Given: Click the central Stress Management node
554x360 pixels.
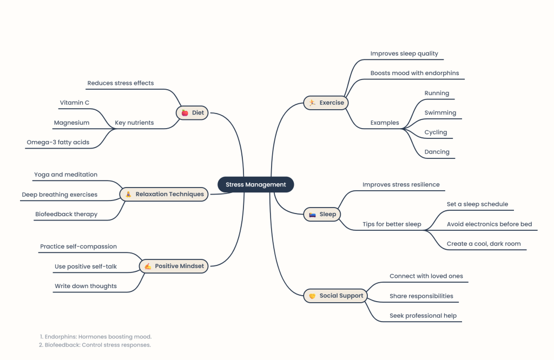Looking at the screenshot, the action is click(x=256, y=184).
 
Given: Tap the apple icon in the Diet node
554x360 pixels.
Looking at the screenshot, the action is click(x=185, y=113).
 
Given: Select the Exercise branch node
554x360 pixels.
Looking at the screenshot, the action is click(x=326, y=103).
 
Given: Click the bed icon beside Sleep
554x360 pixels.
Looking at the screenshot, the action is click(x=312, y=215).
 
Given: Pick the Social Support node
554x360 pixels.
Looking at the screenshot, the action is click(x=335, y=296).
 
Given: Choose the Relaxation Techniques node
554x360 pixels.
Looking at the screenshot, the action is click(x=164, y=194).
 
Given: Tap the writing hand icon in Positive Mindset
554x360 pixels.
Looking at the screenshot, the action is click(x=148, y=266).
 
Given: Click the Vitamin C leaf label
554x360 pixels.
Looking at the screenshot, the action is click(x=75, y=103).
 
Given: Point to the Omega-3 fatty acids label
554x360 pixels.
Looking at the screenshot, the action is click(x=58, y=142).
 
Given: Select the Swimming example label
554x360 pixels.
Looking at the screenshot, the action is click(x=440, y=112).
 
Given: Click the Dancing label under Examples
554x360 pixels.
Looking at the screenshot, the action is click(x=437, y=152).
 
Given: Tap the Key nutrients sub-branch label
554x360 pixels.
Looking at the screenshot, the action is click(x=134, y=123).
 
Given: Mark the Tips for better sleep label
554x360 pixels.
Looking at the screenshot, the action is click(x=392, y=224).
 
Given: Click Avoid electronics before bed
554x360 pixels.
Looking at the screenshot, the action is click(x=489, y=224).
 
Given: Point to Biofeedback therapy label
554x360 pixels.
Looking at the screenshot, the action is click(x=67, y=214).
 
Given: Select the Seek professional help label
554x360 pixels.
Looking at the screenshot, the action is click(x=423, y=316).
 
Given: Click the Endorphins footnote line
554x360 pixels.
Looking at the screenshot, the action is click(x=96, y=337).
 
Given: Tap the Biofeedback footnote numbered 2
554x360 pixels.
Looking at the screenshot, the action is click(x=95, y=345).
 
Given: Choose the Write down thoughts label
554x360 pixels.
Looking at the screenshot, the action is click(x=85, y=286).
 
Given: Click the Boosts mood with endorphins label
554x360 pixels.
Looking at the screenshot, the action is click(x=415, y=73).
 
